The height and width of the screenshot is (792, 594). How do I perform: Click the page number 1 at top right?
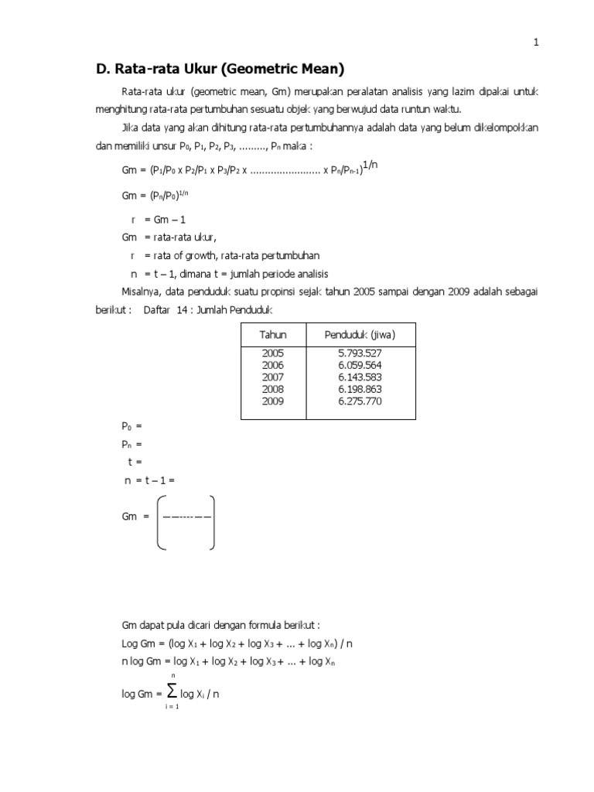point(535,43)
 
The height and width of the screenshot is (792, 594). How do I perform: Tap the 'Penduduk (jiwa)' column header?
point(360,335)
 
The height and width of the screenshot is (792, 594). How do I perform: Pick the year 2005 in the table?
point(274,353)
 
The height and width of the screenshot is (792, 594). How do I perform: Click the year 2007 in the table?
point(274,377)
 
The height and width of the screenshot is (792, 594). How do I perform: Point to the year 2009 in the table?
point(274,401)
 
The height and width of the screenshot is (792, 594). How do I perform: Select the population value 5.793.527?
point(360,353)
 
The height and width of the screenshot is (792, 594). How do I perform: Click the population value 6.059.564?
point(360,365)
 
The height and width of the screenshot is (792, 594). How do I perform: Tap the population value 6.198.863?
point(360,390)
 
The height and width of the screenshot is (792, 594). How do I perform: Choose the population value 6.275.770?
point(360,401)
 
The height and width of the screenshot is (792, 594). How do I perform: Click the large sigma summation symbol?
point(172,692)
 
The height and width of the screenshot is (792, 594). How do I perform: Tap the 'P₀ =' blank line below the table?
point(132,426)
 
